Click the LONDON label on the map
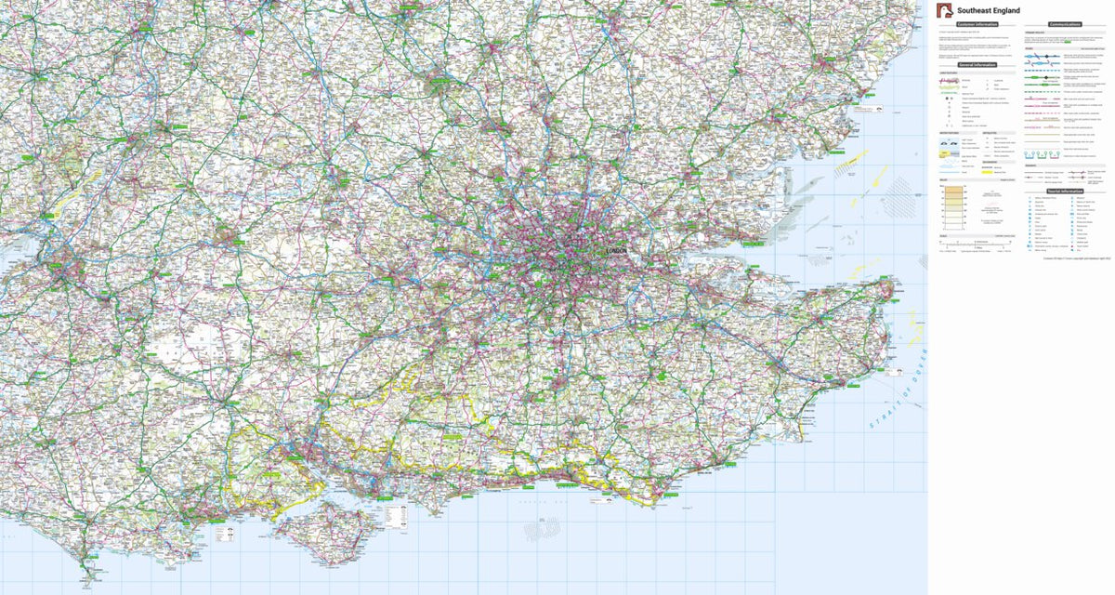(616, 252)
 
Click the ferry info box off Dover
(898, 370)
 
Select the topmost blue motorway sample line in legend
(1043, 57)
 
